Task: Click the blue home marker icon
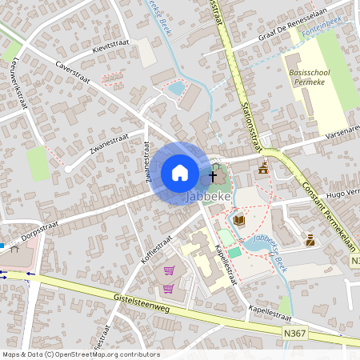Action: coord(179,173)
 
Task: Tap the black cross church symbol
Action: coord(213,174)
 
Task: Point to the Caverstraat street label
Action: coord(73,72)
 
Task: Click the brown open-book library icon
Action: coord(238,219)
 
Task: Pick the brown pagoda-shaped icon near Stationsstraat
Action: coord(262,168)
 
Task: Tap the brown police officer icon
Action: coord(310,238)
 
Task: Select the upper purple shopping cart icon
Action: coord(170,270)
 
